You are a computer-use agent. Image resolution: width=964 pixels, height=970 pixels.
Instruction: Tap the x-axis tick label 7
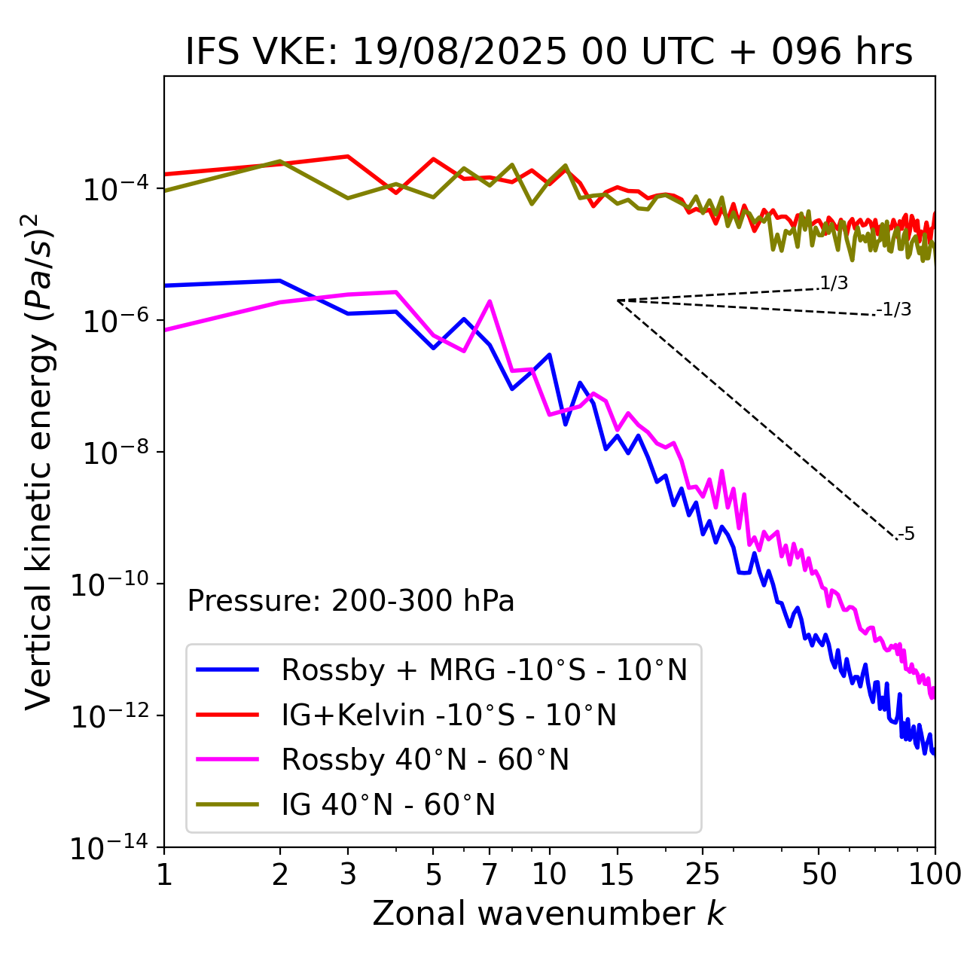coord(490,874)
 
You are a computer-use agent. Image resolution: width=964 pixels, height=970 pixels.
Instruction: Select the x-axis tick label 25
coord(702,874)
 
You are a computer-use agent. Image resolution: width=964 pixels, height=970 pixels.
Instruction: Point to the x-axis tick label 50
coord(819,874)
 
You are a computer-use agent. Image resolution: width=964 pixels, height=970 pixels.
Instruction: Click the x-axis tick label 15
coord(617,874)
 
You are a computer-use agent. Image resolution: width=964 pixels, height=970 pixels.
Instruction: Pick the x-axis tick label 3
coord(348,874)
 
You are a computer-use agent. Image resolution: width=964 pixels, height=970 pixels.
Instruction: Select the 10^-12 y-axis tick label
coord(110,717)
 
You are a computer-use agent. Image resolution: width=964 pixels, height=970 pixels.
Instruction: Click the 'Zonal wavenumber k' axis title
coord(549,914)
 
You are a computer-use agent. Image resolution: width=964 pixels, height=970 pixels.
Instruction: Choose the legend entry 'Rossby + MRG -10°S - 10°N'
coord(484,670)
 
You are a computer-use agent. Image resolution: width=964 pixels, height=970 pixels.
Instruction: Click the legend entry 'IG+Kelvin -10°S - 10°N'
coord(449,715)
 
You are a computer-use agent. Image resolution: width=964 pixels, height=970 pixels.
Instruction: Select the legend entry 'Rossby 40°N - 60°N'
coord(425,760)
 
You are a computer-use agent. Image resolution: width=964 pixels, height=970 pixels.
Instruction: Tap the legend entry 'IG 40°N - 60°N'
coord(389,805)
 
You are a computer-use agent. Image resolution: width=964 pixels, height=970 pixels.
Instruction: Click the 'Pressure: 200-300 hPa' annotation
coord(351,601)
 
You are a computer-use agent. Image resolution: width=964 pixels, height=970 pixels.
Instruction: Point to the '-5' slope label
coord(907,535)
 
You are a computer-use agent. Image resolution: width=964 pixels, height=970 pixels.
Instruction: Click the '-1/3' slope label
coord(895,310)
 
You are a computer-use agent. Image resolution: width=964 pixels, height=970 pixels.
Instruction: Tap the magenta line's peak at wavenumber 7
coord(490,302)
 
